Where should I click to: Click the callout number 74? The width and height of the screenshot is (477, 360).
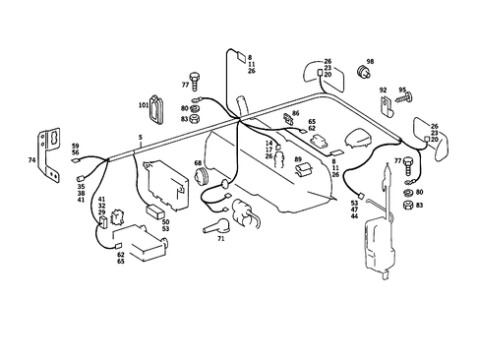[32, 158]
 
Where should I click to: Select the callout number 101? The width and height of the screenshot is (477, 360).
[143, 103]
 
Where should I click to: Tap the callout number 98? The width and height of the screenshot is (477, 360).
[371, 61]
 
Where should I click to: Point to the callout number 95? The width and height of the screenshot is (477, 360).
[402, 90]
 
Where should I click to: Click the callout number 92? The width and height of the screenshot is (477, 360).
[384, 90]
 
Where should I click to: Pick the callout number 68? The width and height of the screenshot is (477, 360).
[198, 163]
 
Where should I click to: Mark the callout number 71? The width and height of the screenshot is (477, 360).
[221, 238]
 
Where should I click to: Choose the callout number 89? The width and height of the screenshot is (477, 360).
[298, 158]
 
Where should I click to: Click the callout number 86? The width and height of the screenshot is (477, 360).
[295, 114]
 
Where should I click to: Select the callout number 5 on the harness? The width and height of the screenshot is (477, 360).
[141, 136]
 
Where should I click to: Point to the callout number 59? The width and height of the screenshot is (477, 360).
[75, 146]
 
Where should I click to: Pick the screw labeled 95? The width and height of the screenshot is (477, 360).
[405, 100]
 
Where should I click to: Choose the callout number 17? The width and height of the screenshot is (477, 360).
[268, 150]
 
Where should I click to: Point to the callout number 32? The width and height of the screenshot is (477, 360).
[101, 206]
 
